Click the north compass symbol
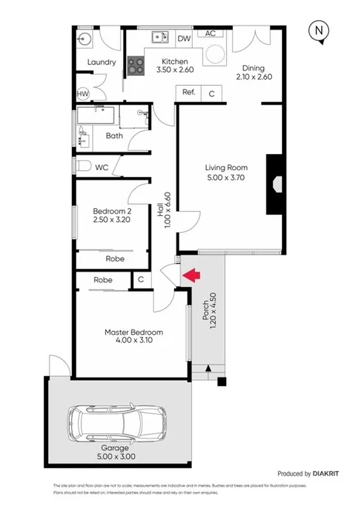click(x=318, y=31)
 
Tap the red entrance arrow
click(x=190, y=274)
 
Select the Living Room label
click(x=225, y=168)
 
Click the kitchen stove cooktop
click(x=136, y=67)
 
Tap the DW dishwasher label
click(x=184, y=39)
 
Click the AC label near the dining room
click(x=210, y=33)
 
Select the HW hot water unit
click(x=83, y=94)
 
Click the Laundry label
click(x=101, y=63)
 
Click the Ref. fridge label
click(x=189, y=92)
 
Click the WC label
click(x=101, y=167)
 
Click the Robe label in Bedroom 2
click(x=111, y=260)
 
